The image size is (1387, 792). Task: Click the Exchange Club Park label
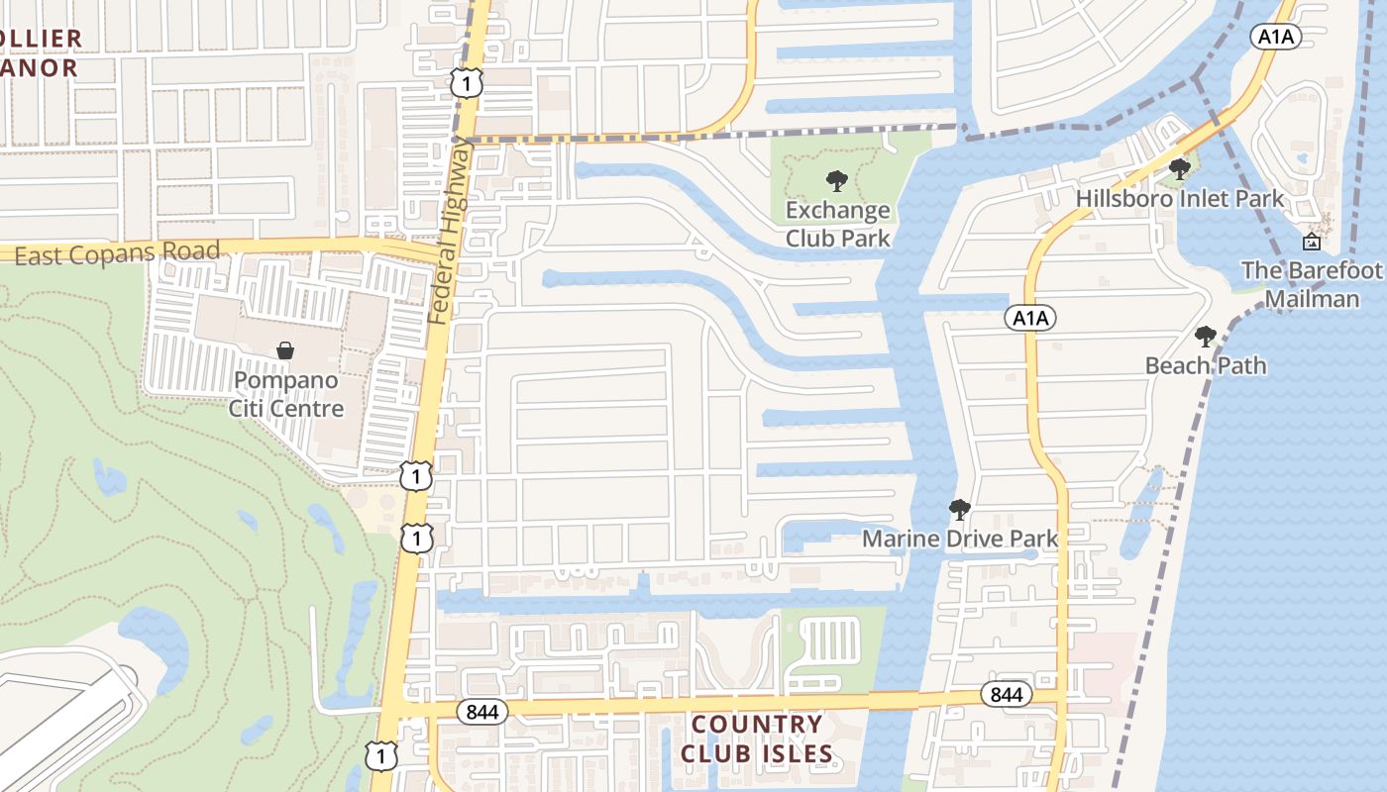[x=837, y=224]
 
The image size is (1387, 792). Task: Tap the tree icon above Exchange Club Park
[x=837, y=181]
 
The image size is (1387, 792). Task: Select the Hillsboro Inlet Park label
[x=1180, y=198]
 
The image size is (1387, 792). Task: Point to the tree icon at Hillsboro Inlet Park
[x=1179, y=168]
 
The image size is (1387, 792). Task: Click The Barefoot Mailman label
[x=1312, y=284]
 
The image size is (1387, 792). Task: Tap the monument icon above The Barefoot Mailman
[x=1311, y=241]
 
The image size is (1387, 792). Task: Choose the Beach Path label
[x=1205, y=365]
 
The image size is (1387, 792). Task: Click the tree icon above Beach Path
[x=1205, y=337]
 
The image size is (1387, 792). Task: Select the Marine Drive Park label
[x=959, y=539]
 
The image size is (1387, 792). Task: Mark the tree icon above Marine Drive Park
[x=959, y=510]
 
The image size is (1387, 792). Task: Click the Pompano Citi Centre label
[x=285, y=394]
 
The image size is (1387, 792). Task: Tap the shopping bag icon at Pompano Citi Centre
[x=285, y=350]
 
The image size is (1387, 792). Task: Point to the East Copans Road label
[x=117, y=254]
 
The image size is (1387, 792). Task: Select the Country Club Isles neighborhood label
[x=757, y=739]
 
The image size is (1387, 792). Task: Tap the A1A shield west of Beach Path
[x=1030, y=318]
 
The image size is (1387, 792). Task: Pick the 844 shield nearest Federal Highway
[x=482, y=711]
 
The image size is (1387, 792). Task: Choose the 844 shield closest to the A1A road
[x=1006, y=695]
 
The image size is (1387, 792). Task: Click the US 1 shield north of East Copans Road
[x=466, y=83]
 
